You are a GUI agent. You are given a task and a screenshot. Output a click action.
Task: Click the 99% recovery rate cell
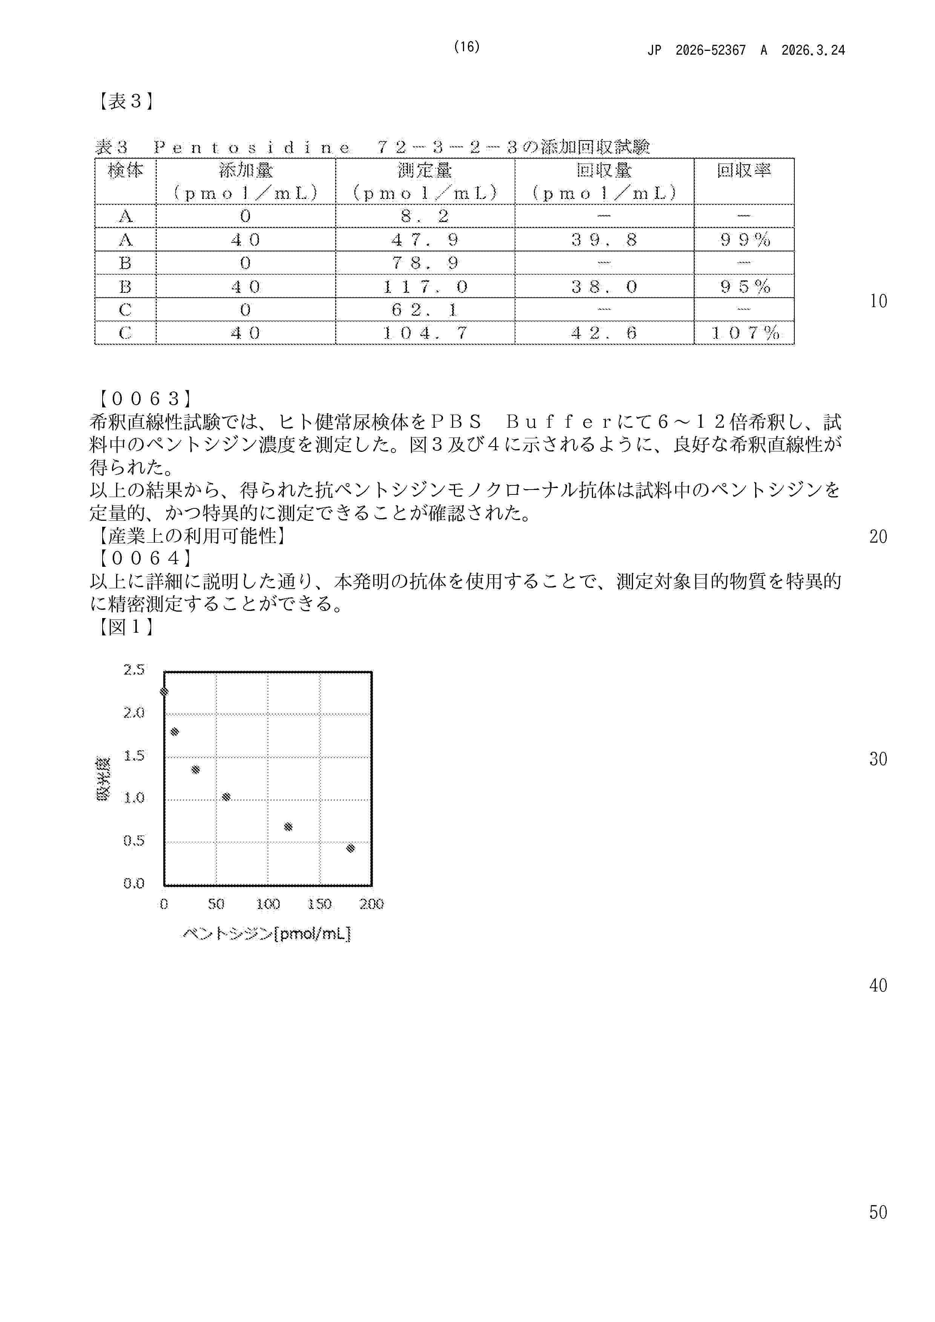pyautogui.click(x=744, y=240)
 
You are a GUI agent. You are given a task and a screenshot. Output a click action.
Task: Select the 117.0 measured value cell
pyautogui.click(x=425, y=286)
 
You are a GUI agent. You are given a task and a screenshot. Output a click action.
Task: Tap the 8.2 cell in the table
pyautogui.click(x=425, y=216)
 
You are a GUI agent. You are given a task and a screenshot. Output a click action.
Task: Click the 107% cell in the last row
pyautogui.click(x=744, y=333)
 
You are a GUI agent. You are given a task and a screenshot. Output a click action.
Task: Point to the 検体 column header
pyautogui.click(x=125, y=170)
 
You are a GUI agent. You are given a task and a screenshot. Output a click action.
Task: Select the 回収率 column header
pyautogui.click(x=744, y=170)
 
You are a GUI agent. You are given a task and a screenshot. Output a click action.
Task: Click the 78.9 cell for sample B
pyautogui.click(x=425, y=263)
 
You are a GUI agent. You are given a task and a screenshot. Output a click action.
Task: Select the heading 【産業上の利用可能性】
pyautogui.click(x=190, y=536)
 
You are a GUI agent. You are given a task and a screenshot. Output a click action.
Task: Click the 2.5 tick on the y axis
pyautogui.click(x=134, y=670)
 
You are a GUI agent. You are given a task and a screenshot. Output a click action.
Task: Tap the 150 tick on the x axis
pyautogui.click(x=319, y=904)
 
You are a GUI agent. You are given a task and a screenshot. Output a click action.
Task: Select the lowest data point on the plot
pyautogui.click(x=350, y=848)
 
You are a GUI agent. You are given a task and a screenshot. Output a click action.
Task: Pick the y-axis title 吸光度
pyautogui.click(x=104, y=779)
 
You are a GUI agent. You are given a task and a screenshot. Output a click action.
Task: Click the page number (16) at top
pyautogui.click(x=467, y=47)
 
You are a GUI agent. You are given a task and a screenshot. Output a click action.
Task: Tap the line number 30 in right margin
pyautogui.click(x=878, y=759)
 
